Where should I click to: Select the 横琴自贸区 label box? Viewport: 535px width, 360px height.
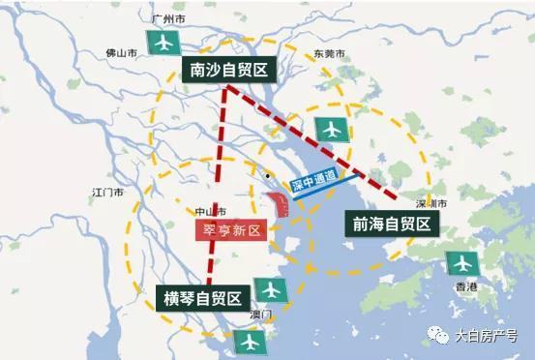click(204, 296)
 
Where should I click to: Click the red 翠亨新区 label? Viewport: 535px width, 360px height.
click(228, 231)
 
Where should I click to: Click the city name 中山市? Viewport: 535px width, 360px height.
click(210, 210)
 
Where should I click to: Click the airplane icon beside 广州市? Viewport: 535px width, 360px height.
click(163, 43)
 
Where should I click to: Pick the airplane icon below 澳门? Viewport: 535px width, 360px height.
click(250, 342)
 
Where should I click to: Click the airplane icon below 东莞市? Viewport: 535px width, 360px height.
click(330, 128)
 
